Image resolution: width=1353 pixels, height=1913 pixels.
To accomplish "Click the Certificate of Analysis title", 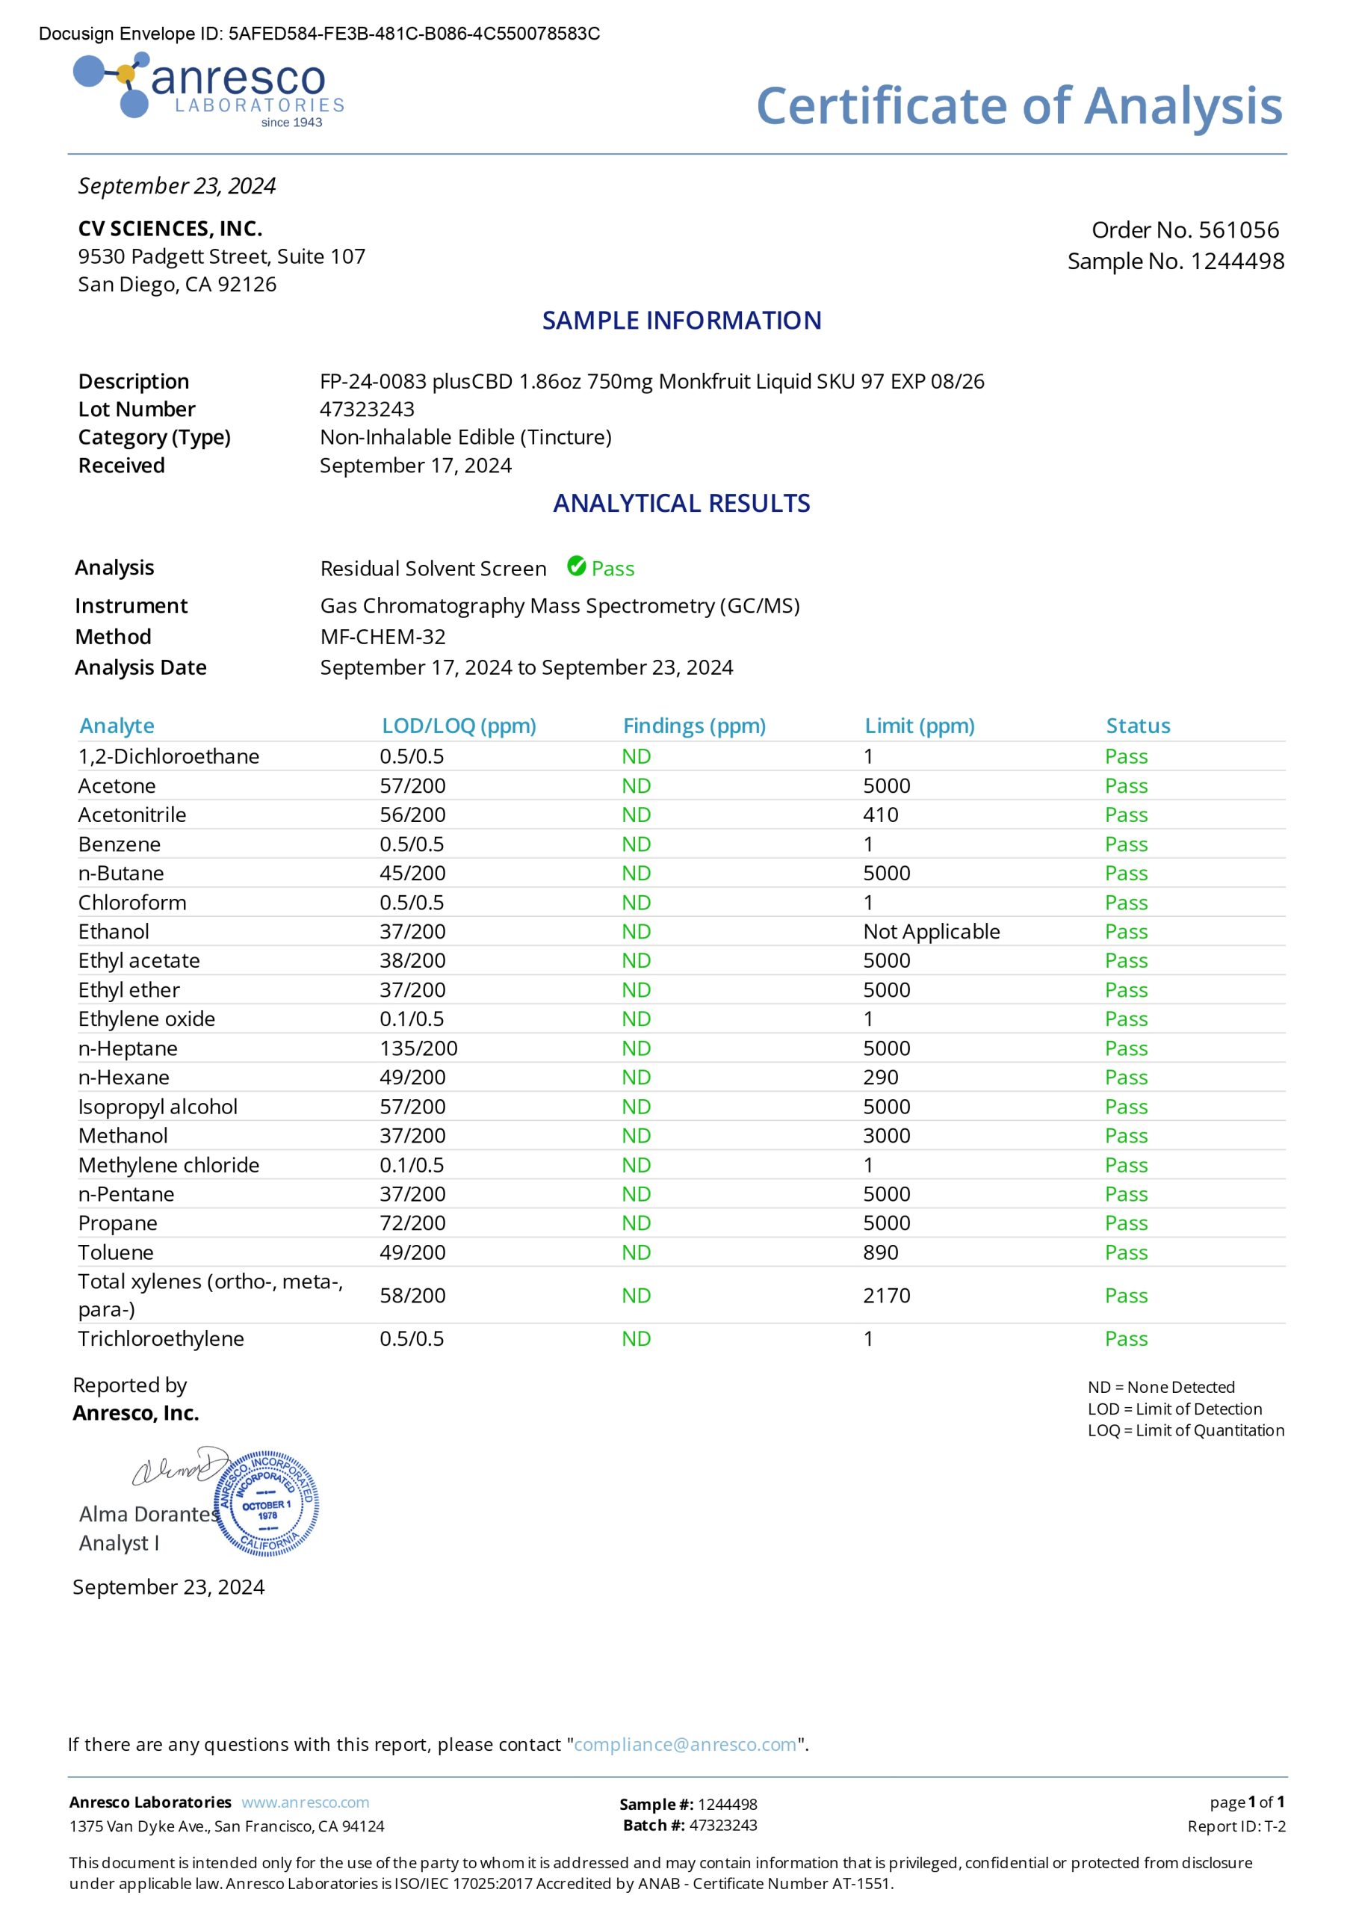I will click(x=1018, y=106).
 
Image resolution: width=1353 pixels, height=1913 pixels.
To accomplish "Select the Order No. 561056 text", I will click(x=1185, y=230).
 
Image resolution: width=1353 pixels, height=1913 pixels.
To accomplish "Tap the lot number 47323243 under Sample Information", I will click(x=367, y=409).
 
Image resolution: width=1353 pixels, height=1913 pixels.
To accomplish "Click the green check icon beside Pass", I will click(x=576, y=566).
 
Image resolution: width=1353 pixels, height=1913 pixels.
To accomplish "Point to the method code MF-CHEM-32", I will click(x=383, y=637).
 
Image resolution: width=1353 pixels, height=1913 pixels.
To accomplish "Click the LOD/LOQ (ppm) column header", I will click(x=458, y=726).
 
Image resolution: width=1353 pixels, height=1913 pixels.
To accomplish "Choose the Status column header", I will click(x=1137, y=726).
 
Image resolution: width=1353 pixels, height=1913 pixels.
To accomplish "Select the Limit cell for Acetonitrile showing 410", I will click(x=881, y=815).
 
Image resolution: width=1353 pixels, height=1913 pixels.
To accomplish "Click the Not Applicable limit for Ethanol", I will click(x=931, y=932).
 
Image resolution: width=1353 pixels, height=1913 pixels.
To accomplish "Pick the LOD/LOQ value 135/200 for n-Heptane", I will click(x=418, y=1048).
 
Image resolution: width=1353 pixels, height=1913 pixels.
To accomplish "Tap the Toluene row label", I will click(x=116, y=1252).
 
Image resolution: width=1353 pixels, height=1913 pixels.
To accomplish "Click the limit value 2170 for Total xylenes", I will click(x=887, y=1296).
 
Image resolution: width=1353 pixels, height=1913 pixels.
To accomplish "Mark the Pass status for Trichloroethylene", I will click(x=1126, y=1339).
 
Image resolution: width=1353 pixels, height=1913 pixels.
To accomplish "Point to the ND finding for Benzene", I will click(x=636, y=844).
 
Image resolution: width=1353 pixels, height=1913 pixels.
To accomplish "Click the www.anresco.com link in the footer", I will click(x=305, y=1802).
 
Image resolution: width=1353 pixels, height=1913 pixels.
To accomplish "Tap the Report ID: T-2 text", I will click(x=1236, y=1826).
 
